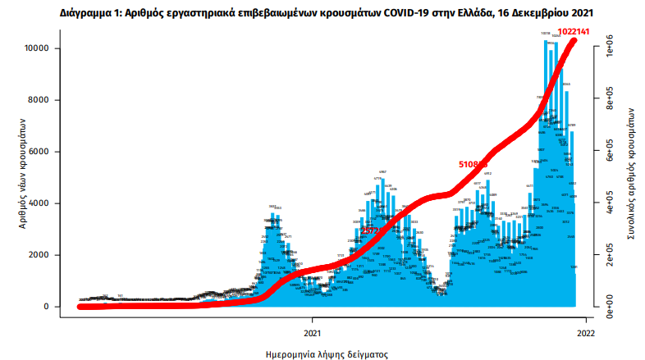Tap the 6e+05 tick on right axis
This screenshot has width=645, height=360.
[x=610, y=152]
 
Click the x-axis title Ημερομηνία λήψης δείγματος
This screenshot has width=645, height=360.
[x=327, y=354]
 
